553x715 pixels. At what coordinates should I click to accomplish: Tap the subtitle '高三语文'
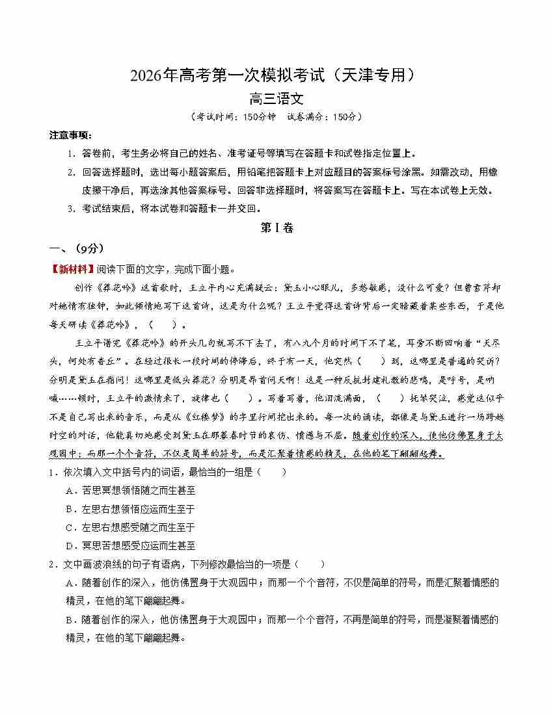pyautogui.click(x=276, y=99)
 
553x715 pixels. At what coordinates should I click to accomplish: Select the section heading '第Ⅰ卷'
pyautogui.click(x=276, y=227)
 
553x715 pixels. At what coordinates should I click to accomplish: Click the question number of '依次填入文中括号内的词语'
pyautogui.click(x=52, y=473)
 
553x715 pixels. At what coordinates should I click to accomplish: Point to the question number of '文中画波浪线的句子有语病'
pyautogui.click(x=52, y=564)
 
